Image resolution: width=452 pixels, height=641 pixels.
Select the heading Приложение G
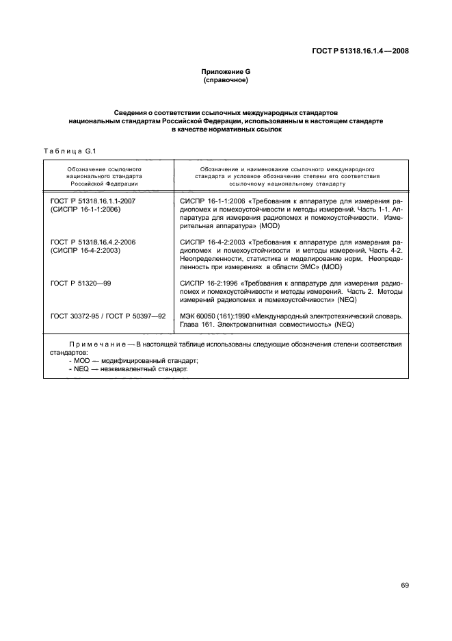[x=226, y=73]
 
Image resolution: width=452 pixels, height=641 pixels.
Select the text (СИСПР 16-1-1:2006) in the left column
[x=85, y=208]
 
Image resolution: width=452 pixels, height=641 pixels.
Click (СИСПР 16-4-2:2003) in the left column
[x=85, y=251]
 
